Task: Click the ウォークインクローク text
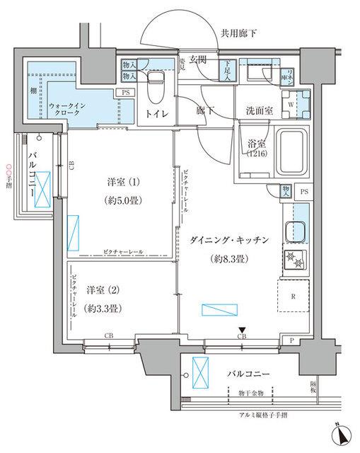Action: pyautogui.click(x=69, y=110)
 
